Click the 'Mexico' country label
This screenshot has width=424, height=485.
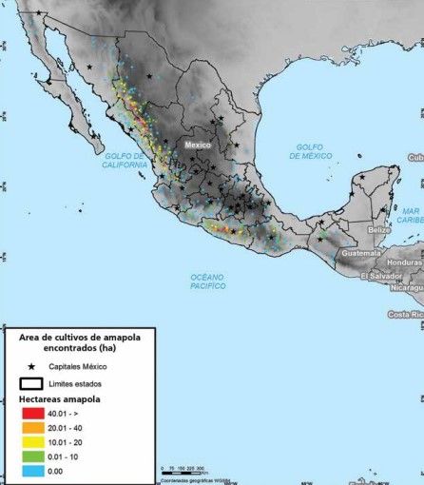coord(197,145)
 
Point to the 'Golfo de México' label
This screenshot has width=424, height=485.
coord(311,151)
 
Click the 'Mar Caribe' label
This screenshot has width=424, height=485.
coord(411,215)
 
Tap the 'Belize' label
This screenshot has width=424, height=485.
coord(380,230)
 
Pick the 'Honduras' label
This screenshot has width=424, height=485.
coord(404,262)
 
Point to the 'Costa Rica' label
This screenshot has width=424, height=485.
coord(405,315)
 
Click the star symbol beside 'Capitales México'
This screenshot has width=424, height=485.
coord(31,366)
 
